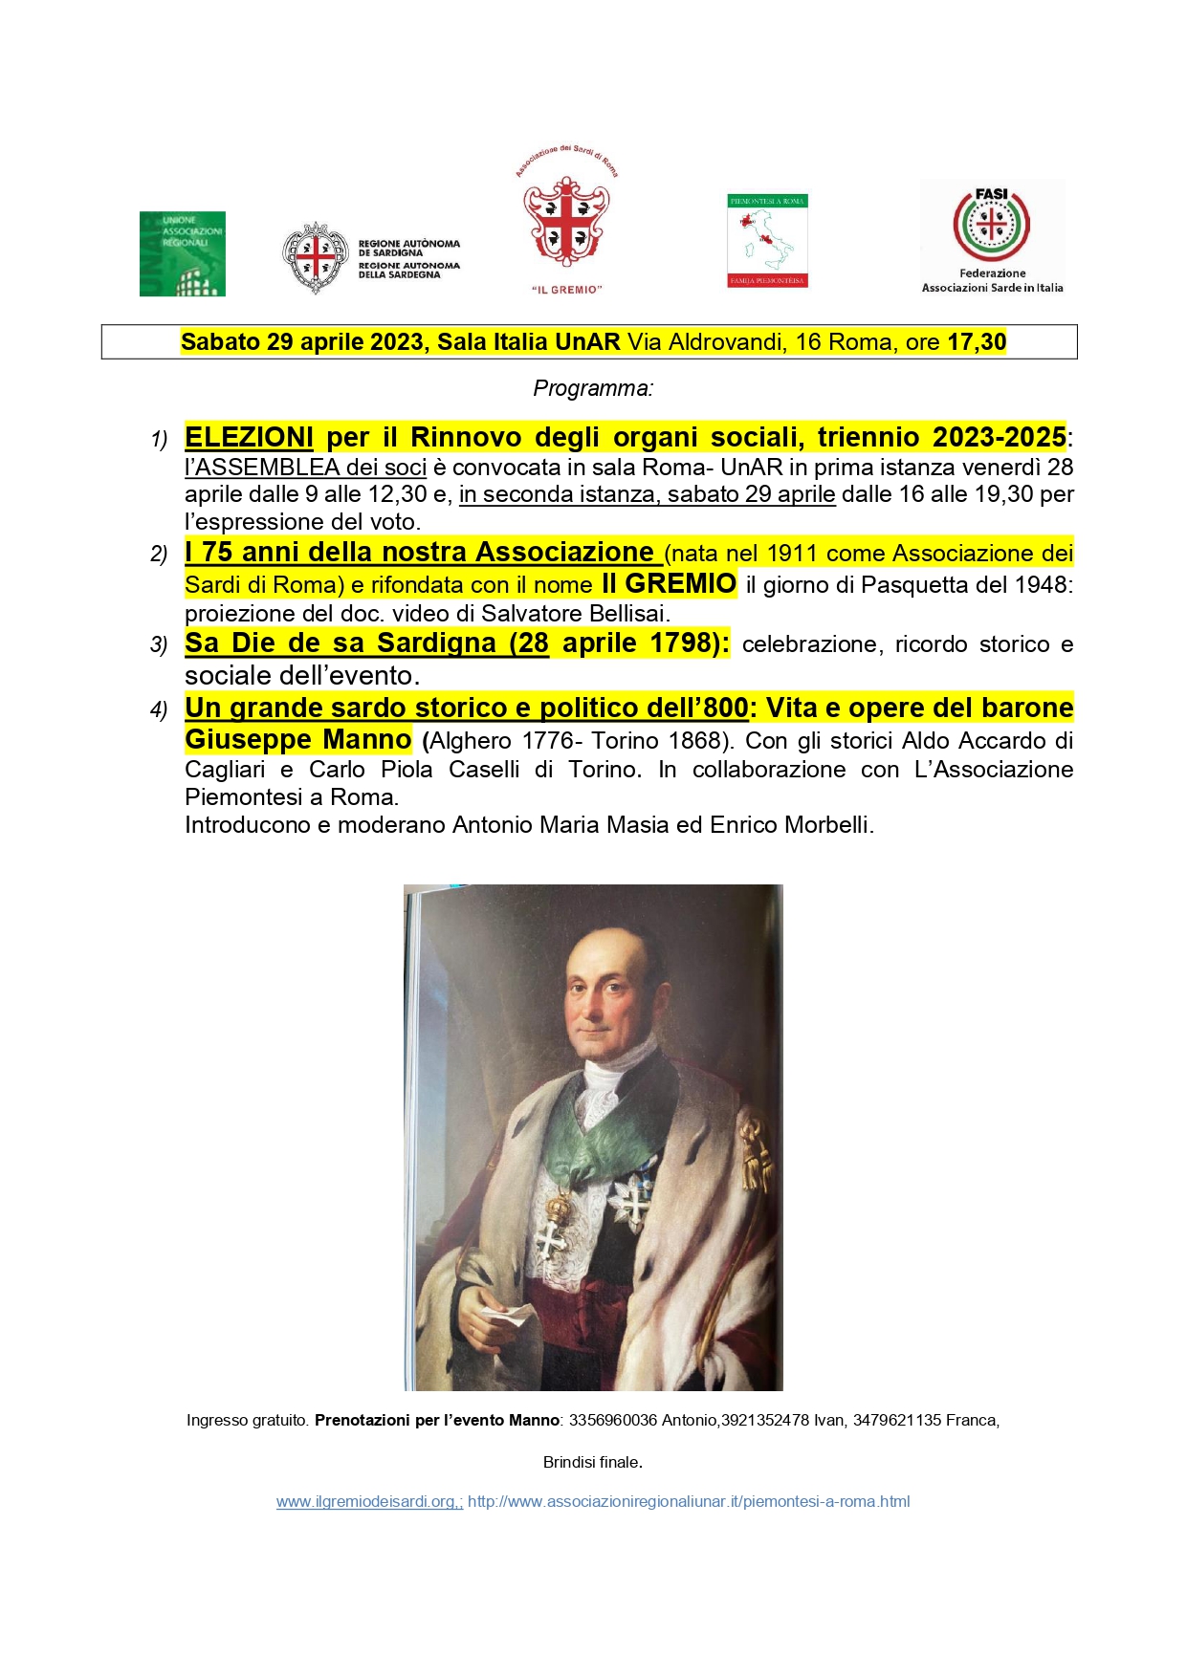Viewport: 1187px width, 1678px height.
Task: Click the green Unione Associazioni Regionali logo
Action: pos(183,253)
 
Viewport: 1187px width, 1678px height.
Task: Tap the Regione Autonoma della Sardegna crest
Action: pos(314,257)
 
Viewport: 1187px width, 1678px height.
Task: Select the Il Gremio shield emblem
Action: pos(566,221)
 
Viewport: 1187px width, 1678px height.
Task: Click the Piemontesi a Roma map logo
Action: pos(767,241)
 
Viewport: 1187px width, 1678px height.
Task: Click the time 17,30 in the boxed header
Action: pos(977,342)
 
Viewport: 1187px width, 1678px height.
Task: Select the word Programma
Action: pos(592,388)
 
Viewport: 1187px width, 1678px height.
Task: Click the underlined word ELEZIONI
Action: pos(249,437)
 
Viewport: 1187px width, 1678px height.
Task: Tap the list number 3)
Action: pos(159,644)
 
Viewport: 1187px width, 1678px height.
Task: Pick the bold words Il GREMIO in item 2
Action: pos(669,583)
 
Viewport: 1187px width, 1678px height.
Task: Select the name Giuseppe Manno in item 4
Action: pos(297,739)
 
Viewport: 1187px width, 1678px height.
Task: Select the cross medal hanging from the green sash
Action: pos(552,1239)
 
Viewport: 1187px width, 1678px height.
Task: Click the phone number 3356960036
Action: pos(613,1420)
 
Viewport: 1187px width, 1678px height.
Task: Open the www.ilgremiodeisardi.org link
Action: pos(369,1501)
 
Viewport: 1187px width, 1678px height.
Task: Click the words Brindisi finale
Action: pos(592,1462)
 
